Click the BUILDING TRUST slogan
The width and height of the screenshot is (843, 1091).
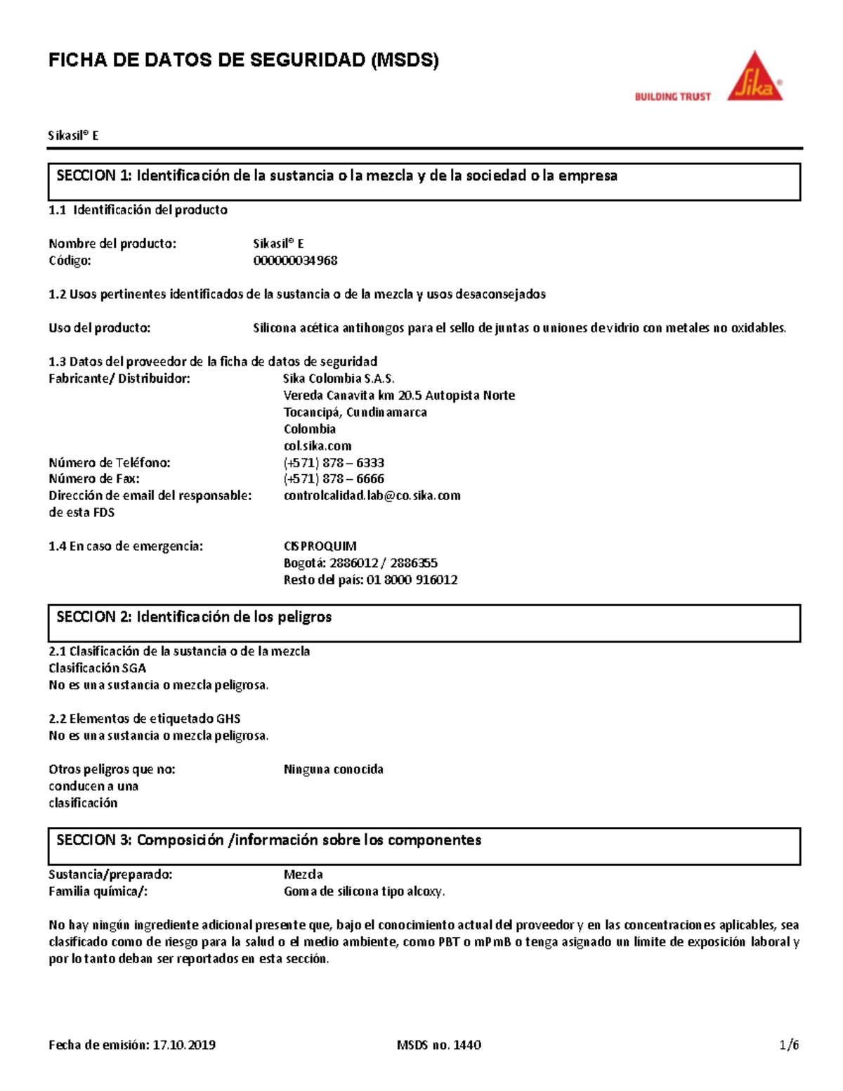coord(672,97)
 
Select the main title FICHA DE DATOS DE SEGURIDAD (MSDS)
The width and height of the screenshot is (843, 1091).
coord(243,60)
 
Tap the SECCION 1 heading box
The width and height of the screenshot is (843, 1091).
coord(424,182)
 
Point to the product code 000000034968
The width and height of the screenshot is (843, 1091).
coord(295,261)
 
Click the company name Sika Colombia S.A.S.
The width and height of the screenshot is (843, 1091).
coord(339,379)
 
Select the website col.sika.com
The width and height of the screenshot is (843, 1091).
coord(317,446)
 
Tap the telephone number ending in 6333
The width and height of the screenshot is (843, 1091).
coord(334,463)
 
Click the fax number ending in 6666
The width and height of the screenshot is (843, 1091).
coord(334,479)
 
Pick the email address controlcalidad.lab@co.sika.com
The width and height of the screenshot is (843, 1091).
coord(372,496)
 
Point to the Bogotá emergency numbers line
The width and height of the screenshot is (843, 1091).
coord(360,563)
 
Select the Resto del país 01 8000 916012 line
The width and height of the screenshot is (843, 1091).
coord(370,580)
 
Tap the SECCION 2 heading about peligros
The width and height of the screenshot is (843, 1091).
coord(424,623)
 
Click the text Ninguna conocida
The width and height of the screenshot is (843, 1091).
coord(333,769)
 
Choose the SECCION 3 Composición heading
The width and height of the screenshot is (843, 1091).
coord(424,846)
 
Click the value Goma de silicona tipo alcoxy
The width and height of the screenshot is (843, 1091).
coord(364,891)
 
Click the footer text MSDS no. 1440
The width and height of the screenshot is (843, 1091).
coord(438,1045)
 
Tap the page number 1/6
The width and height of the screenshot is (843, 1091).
coord(789,1045)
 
